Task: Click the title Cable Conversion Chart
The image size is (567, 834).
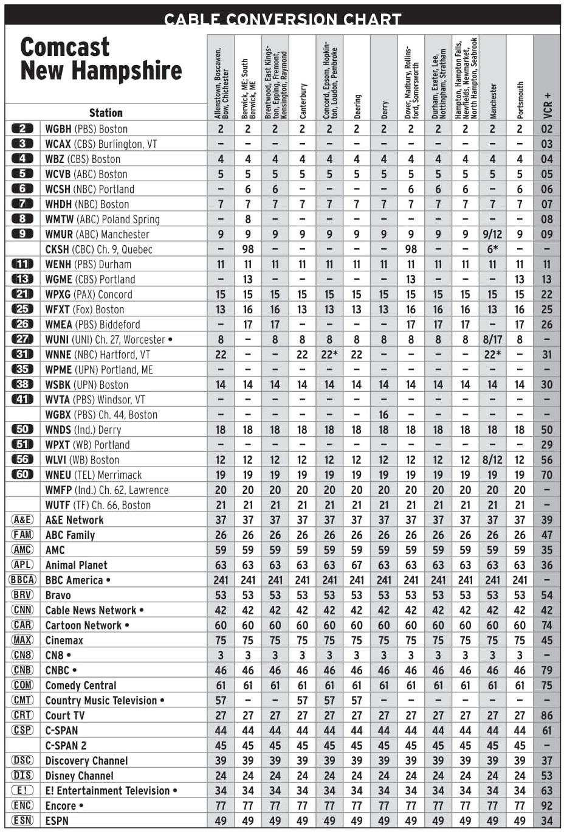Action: point(283,19)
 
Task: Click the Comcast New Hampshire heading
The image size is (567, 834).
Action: point(101,59)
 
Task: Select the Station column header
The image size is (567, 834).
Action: point(106,113)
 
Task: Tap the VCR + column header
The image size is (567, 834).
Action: point(547,105)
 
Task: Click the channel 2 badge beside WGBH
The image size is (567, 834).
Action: point(22,128)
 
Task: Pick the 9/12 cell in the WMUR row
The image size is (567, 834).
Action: point(492,234)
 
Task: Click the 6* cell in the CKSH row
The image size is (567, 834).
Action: point(492,249)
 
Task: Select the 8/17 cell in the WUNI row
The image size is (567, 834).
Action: point(492,339)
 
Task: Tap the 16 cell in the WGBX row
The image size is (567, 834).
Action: point(383,415)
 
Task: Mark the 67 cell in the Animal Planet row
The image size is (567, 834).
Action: point(357,565)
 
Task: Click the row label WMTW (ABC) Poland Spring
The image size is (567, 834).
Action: point(102,219)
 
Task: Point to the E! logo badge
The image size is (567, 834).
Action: point(22,790)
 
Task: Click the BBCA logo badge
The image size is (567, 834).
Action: point(22,580)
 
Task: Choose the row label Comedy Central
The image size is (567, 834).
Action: point(80,686)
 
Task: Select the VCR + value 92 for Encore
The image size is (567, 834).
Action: point(547,805)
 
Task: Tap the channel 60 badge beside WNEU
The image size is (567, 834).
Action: point(22,474)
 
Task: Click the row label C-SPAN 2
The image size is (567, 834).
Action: point(66,746)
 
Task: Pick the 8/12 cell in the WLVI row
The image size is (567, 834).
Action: point(492,460)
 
